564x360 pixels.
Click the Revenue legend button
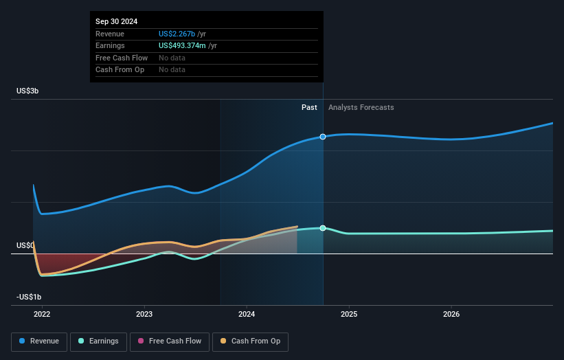(x=40, y=341)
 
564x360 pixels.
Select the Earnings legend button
(x=98, y=341)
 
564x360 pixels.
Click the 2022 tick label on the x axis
(x=42, y=315)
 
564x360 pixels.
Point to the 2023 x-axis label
(x=144, y=315)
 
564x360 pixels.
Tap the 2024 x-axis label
(x=247, y=315)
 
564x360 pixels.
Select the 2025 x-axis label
(x=349, y=315)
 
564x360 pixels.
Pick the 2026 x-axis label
(x=451, y=315)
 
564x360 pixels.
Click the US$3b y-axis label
(x=27, y=91)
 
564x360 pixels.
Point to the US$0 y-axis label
(x=25, y=245)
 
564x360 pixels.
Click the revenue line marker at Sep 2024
(x=323, y=137)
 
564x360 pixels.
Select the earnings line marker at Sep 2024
(x=323, y=228)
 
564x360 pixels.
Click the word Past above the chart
(x=309, y=107)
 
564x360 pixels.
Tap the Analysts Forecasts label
(x=361, y=107)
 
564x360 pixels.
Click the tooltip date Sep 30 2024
(x=116, y=21)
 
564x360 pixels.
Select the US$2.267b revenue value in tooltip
(x=177, y=34)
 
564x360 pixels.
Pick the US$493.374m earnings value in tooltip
(x=181, y=45)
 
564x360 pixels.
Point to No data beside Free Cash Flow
(x=172, y=58)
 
